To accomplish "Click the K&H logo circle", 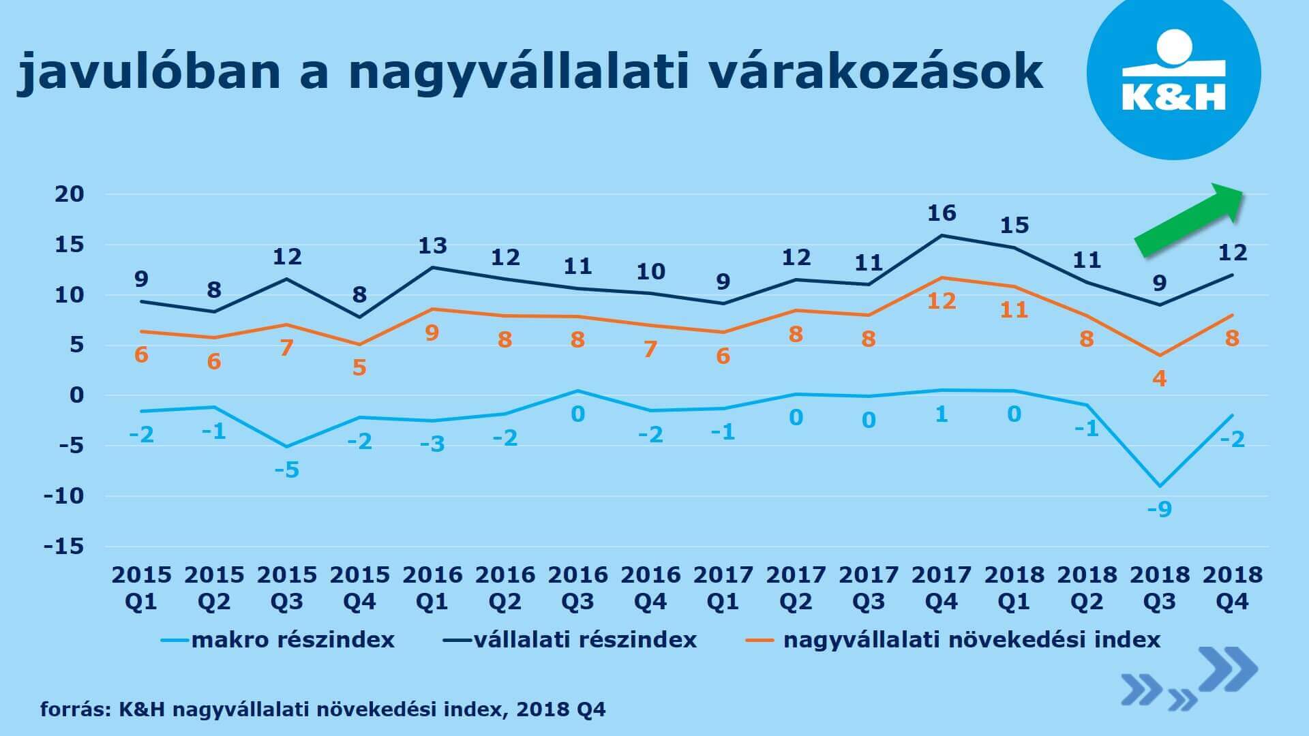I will click(x=1173, y=74).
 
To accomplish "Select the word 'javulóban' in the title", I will click(x=149, y=71).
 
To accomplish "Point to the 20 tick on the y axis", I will click(x=69, y=194).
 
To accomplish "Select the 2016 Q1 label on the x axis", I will click(x=432, y=588).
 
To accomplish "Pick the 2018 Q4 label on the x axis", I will click(x=1233, y=588).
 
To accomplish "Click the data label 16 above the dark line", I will click(x=942, y=213).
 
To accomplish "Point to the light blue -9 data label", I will click(x=1159, y=509).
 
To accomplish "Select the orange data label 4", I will click(x=1159, y=378).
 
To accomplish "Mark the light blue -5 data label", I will click(x=287, y=470).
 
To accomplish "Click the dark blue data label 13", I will click(x=432, y=245).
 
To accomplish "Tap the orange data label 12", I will click(x=942, y=301).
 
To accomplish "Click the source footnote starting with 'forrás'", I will click(x=322, y=710).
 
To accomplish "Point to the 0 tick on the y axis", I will click(x=76, y=395).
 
